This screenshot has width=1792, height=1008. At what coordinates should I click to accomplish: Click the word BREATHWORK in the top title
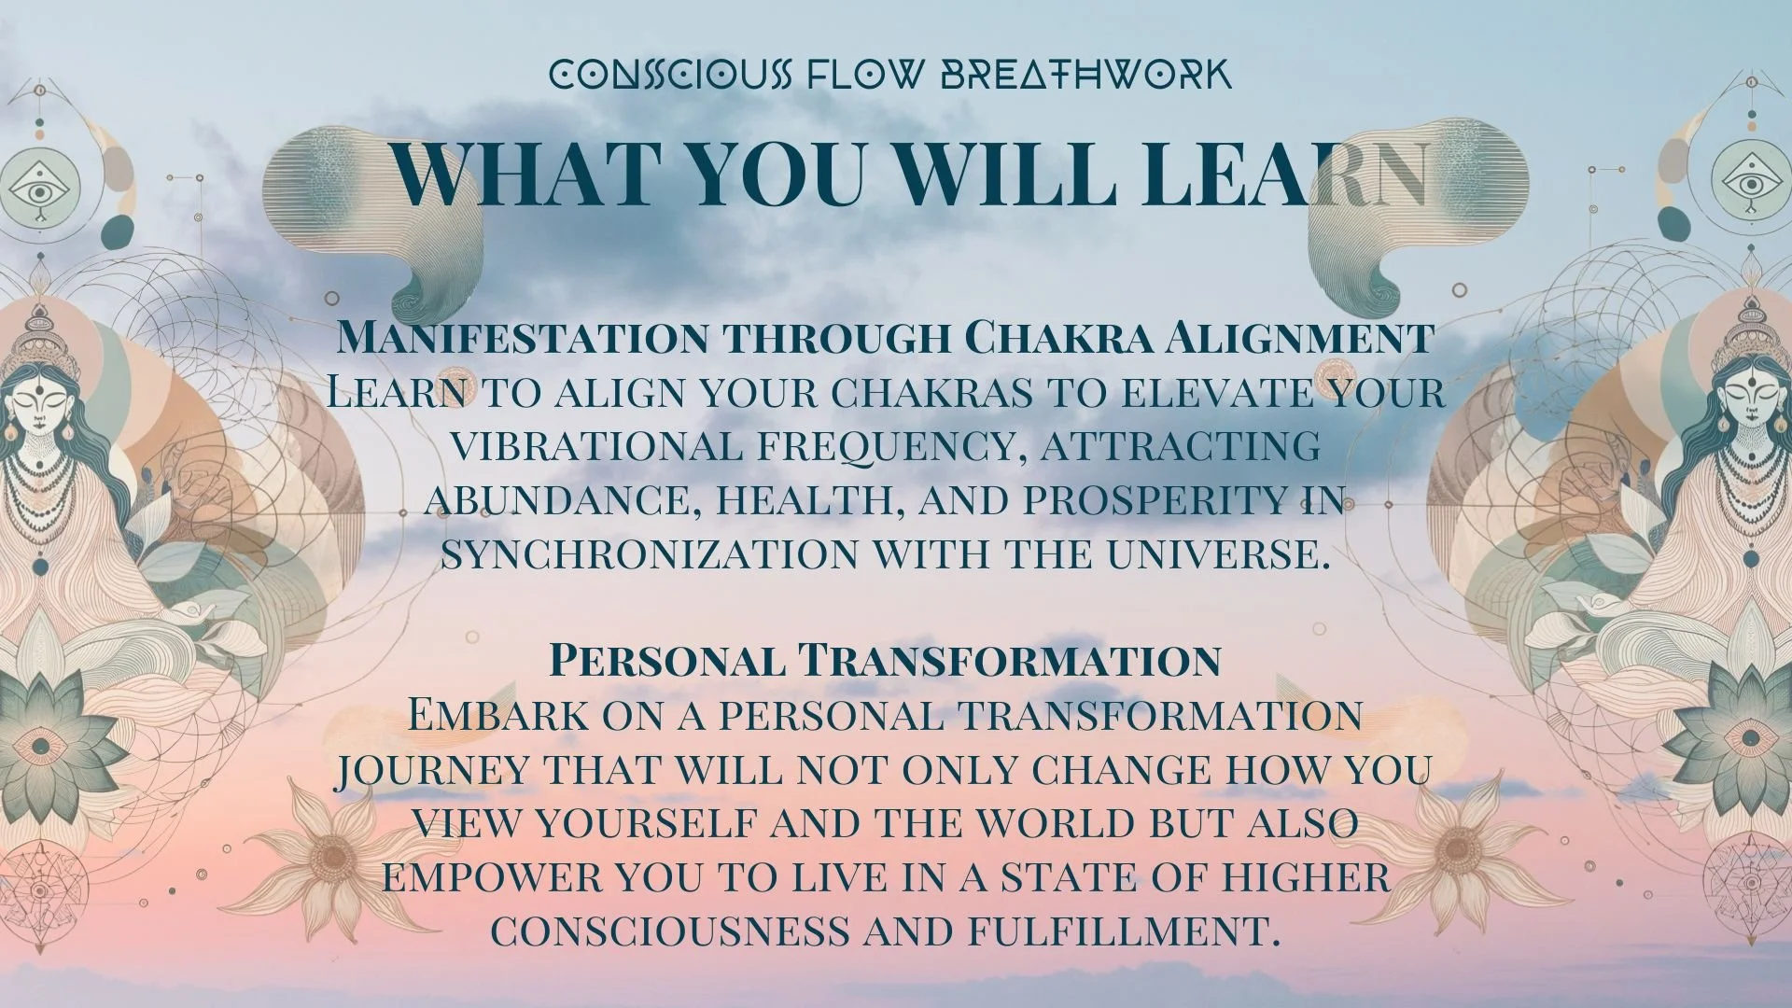1085,75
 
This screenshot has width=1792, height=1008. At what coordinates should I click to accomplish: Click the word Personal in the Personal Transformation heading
666,661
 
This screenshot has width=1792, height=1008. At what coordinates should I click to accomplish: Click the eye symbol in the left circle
38,189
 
